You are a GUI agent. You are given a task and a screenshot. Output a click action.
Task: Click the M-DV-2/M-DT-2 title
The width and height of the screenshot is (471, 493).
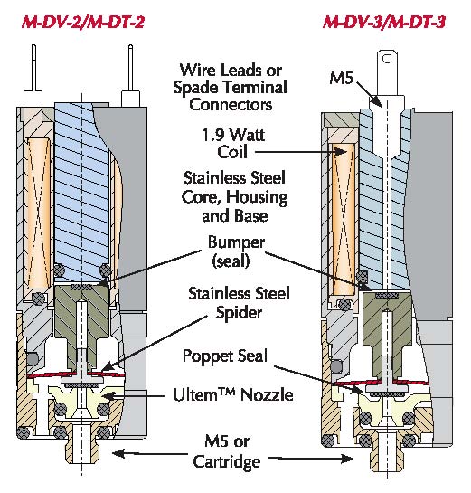click(x=83, y=23)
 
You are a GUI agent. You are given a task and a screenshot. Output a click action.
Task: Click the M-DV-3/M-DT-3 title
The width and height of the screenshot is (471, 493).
click(x=384, y=23)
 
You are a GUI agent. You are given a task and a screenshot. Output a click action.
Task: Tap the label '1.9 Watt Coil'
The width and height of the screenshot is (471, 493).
click(x=232, y=143)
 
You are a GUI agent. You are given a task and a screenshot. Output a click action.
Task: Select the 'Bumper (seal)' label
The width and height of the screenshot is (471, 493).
click(x=236, y=251)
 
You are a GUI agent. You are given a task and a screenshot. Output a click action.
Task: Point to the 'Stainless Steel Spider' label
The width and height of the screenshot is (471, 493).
click(x=239, y=303)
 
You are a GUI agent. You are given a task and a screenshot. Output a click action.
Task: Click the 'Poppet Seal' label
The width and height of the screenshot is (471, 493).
click(x=225, y=356)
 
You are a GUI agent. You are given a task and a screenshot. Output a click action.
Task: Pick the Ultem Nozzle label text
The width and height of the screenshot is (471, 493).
click(x=233, y=394)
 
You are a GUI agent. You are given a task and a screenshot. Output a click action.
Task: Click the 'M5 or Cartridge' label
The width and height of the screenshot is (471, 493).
click(x=227, y=451)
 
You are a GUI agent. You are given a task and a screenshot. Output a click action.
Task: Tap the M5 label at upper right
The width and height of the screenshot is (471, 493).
click(x=341, y=78)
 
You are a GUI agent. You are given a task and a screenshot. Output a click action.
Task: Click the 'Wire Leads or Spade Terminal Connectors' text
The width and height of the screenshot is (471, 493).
click(x=231, y=87)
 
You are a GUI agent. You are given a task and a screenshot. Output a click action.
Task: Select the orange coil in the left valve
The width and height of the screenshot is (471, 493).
click(x=39, y=213)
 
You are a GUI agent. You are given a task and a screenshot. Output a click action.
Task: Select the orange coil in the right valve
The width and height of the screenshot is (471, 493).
click(x=344, y=219)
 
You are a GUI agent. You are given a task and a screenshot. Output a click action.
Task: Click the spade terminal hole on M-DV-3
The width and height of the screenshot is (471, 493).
click(x=387, y=59)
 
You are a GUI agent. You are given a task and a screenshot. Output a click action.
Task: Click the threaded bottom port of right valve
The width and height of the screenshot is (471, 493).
click(x=387, y=453)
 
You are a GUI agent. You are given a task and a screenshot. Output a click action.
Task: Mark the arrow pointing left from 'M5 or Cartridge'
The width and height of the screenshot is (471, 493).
click(x=149, y=454)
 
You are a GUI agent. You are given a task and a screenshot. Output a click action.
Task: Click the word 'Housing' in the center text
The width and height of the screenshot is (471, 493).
click(x=257, y=197)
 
